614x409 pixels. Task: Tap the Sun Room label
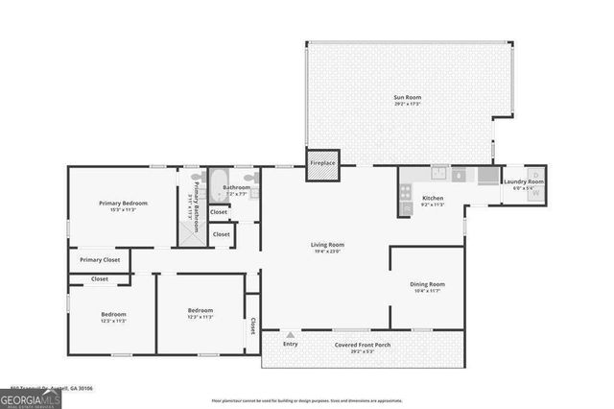pos(407,97)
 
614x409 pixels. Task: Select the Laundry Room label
pos(524,181)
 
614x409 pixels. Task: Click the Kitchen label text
pos(433,198)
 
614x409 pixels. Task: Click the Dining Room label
pos(428,284)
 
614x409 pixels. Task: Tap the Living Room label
pos(327,245)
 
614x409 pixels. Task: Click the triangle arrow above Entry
pos(289,335)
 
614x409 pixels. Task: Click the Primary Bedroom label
pos(122,203)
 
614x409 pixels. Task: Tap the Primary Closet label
pos(100,260)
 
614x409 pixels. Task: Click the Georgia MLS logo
pos(31,398)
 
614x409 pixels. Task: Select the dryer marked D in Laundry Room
pos(535,174)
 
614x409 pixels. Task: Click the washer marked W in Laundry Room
pos(535,194)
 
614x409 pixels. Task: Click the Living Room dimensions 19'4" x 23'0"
pos(327,252)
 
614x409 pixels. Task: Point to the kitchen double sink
pos(439,174)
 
